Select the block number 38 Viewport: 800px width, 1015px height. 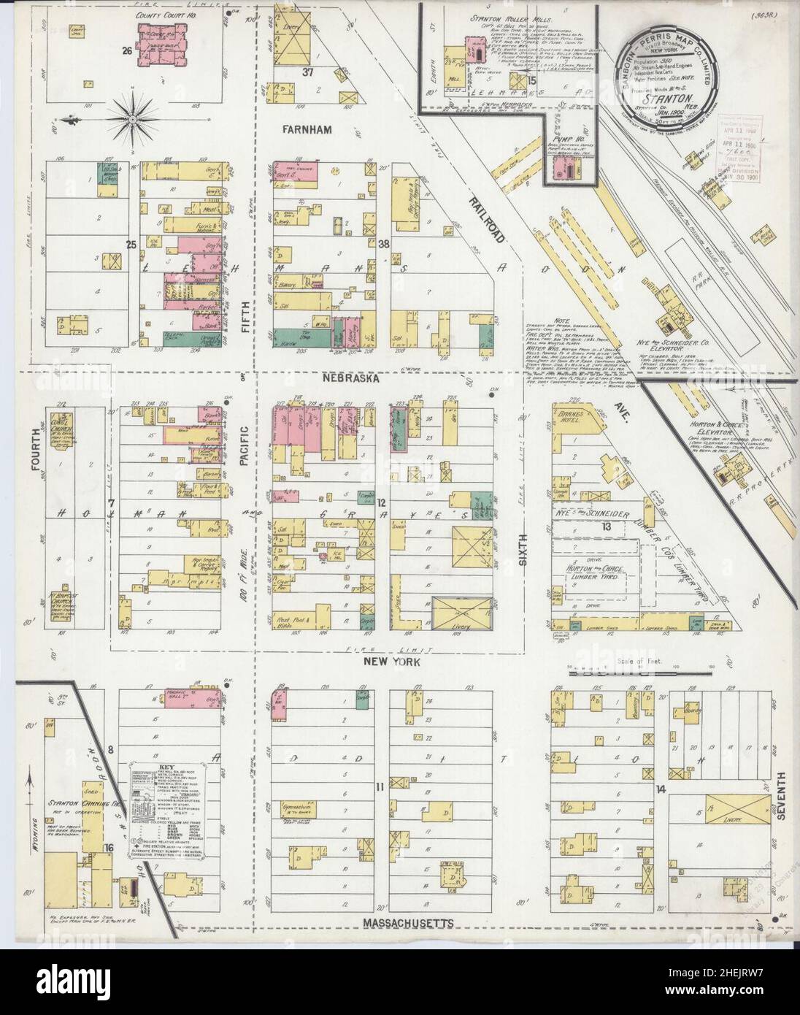385,244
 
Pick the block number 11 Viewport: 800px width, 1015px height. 379,787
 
